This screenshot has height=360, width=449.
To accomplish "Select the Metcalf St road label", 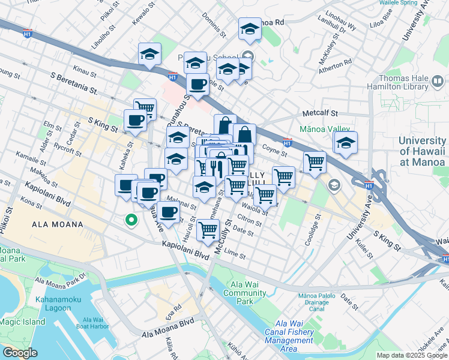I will pyautogui.click(x=321, y=113).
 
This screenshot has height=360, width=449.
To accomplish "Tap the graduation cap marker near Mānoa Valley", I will pyautogui.click(x=345, y=143).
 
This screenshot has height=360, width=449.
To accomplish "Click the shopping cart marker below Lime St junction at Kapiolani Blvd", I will pyautogui.click(x=208, y=229).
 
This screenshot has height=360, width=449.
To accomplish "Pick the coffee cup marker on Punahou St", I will pyautogui.click(x=197, y=84).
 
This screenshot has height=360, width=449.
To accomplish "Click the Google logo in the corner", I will pyautogui.click(x=20, y=353).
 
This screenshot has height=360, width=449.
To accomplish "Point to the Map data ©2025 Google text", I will pyautogui.click(x=411, y=355).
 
